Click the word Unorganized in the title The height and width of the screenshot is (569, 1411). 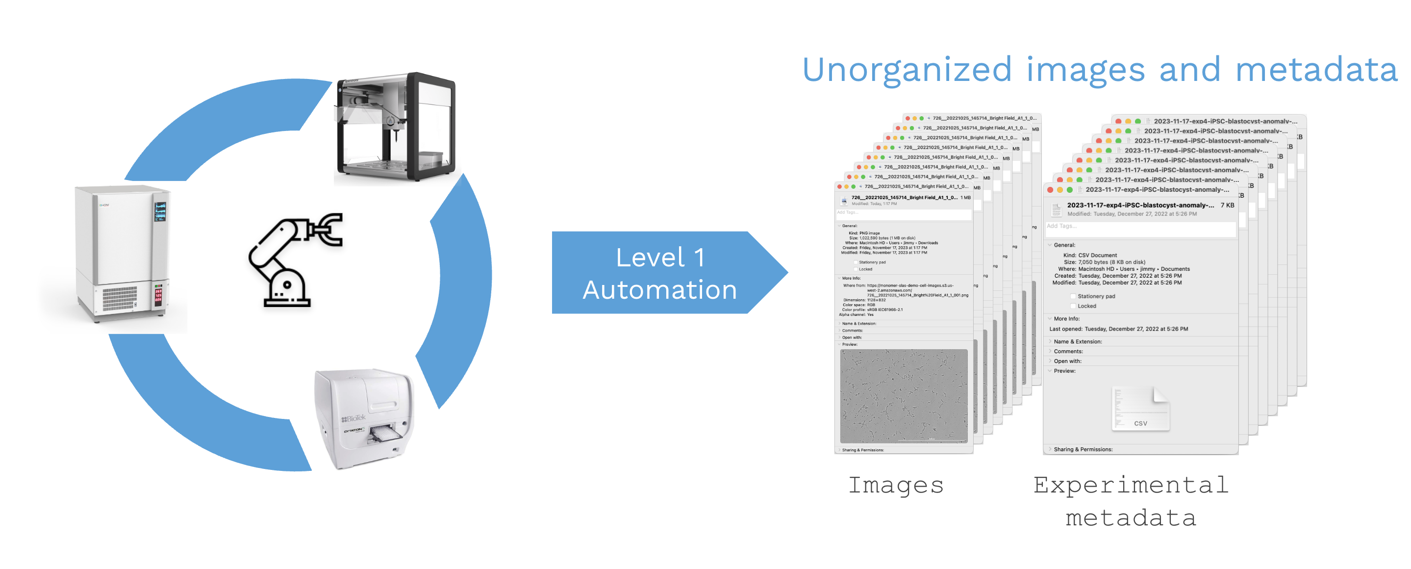click(x=907, y=70)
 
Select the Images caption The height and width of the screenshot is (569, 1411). click(x=896, y=485)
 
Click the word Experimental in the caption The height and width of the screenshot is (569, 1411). click(x=1131, y=485)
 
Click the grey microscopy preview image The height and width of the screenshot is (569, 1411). click(x=904, y=395)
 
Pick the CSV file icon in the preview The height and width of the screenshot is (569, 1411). click(x=1140, y=409)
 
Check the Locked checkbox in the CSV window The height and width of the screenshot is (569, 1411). click(x=1073, y=307)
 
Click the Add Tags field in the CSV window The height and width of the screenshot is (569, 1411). click(x=1139, y=227)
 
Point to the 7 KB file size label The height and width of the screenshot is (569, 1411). click(x=1227, y=205)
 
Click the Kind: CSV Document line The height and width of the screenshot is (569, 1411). click(x=1090, y=255)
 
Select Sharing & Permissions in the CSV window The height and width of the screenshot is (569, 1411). click(x=1083, y=449)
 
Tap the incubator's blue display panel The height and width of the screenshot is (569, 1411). click(x=160, y=211)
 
